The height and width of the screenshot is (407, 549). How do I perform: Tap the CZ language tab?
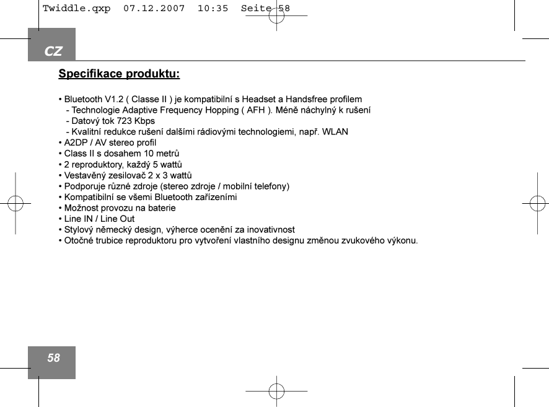coord(53,51)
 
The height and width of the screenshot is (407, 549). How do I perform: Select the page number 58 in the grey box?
coord(54,358)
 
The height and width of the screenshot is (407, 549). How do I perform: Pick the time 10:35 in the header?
coord(212,9)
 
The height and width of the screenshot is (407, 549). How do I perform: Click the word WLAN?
coord(335,132)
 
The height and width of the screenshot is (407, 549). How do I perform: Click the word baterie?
coord(160,208)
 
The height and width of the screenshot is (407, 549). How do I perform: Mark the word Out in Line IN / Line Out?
coord(126,219)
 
